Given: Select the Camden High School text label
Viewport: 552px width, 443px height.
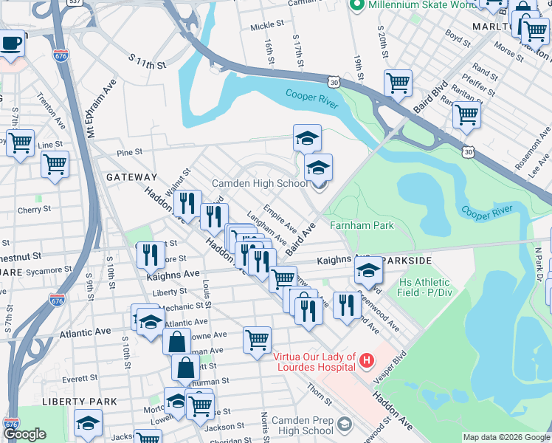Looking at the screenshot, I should [261, 184].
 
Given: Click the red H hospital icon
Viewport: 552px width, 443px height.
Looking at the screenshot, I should [367, 361].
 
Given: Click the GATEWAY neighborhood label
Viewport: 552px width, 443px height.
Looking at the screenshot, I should [131, 177].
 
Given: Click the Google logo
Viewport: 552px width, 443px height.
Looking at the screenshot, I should [24, 435].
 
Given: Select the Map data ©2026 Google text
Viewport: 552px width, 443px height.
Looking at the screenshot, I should [506, 437].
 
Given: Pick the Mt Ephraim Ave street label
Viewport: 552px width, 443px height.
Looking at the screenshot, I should [91, 109].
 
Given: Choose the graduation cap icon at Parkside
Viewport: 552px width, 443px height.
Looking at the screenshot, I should [368, 271].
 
